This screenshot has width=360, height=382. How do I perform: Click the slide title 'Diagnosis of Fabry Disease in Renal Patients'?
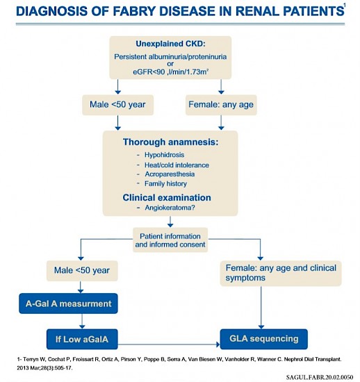pos(173,12)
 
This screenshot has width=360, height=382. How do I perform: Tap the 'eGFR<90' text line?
pos(170,70)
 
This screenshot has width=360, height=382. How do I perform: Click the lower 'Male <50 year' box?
pos(81,271)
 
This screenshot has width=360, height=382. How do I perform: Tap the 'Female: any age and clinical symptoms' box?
pos(281,273)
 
